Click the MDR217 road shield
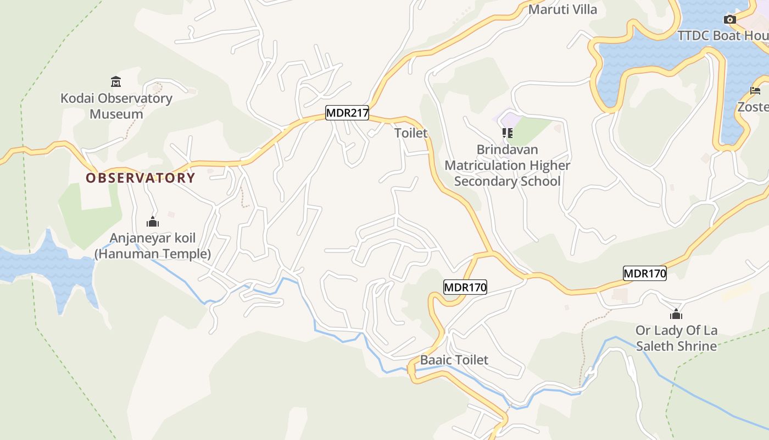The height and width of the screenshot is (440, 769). point(347,113)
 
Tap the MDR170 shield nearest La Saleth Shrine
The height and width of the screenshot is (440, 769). point(644,273)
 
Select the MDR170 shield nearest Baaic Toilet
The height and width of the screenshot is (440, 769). point(465,287)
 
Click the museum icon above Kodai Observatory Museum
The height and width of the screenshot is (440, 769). point(116,82)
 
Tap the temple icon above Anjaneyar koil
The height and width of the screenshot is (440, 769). point(153,222)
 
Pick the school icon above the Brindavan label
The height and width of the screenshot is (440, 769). point(507,133)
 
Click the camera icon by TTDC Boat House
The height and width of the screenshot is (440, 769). point(729,20)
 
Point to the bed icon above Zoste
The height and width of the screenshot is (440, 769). point(755,91)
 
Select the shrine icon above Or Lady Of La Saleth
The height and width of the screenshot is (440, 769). point(676,314)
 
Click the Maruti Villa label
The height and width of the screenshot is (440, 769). point(562,9)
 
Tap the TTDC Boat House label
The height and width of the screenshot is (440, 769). point(722,36)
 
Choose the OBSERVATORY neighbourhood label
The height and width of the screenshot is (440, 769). point(140,178)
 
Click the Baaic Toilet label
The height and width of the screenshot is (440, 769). point(454,360)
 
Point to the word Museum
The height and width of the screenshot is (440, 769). point(116,114)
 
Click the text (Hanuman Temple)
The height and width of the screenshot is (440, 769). point(153,254)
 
